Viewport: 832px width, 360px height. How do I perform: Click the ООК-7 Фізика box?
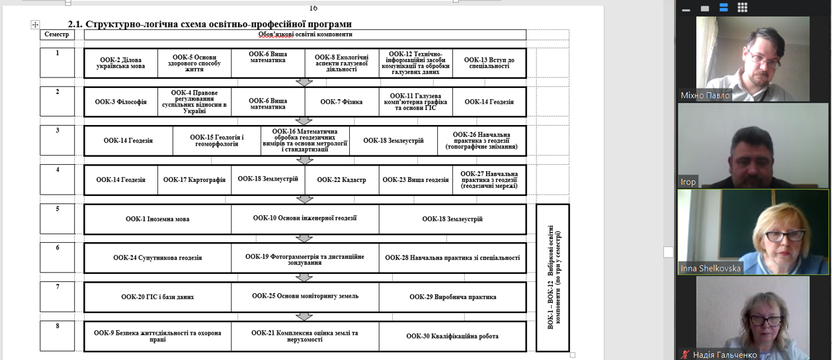click(x=342, y=102)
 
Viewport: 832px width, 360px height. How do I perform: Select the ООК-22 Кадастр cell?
click(x=342, y=180)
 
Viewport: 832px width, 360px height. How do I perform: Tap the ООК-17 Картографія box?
click(x=194, y=180)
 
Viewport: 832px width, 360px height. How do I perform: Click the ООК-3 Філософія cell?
click(x=121, y=102)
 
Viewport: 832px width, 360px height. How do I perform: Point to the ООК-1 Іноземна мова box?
click(x=157, y=219)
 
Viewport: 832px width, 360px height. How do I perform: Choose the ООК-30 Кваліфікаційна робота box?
click(x=452, y=336)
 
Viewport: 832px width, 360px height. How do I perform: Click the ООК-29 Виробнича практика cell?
click(x=452, y=297)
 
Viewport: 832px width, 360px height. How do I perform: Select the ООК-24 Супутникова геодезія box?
click(x=157, y=258)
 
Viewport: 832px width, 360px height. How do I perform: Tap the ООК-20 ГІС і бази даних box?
click(x=157, y=297)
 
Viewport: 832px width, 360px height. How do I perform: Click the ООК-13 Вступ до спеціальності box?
click(x=489, y=63)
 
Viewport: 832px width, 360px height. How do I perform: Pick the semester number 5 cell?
click(x=57, y=219)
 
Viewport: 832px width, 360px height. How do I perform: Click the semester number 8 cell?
click(x=57, y=336)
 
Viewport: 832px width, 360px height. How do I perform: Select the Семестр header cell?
click(x=57, y=34)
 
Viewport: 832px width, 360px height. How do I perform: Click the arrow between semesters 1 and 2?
click(x=304, y=82)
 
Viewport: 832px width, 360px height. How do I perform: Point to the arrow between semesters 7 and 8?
click(x=304, y=316)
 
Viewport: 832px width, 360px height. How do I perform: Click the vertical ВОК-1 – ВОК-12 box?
click(x=553, y=277)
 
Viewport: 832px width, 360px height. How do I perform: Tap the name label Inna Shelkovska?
click(x=710, y=268)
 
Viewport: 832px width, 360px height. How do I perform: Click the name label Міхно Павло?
click(x=705, y=95)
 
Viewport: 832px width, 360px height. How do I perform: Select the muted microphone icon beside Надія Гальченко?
click(x=685, y=355)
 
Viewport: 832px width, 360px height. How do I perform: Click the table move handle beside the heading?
click(x=35, y=25)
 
